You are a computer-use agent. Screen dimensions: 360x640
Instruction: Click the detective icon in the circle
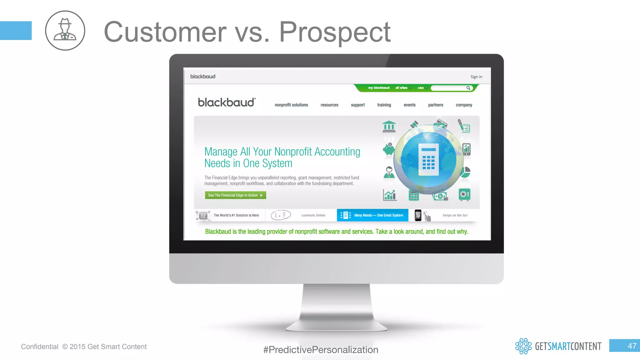(x=65, y=30)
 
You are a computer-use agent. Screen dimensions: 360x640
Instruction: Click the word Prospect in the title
(x=334, y=32)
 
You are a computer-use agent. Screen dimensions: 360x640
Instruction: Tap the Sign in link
(x=476, y=77)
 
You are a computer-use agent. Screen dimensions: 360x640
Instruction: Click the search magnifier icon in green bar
(x=468, y=88)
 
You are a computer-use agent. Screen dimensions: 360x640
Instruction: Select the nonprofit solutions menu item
(x=291, y=105)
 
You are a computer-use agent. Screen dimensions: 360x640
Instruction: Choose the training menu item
(x=384, y=105)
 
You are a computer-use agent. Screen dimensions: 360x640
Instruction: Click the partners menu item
(x=435, y=105)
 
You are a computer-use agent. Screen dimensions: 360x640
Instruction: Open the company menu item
(x=464, y=105)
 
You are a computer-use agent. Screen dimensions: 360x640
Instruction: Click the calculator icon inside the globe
(x=428, y=160)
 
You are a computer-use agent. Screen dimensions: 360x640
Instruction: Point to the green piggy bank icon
(x=389, y=149)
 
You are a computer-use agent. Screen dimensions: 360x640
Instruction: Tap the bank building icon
(x=389, y=127)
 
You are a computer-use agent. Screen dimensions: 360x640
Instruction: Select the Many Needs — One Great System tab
(x=372, y=215)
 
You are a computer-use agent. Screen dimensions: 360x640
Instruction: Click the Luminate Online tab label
(x=313, y=215)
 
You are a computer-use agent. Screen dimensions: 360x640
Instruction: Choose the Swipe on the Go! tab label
(x=455, y=215)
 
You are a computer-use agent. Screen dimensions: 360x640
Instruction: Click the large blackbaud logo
(x=227, y=102)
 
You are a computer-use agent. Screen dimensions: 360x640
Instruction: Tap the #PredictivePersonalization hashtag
(x=321, y=350)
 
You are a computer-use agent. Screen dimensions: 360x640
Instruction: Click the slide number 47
(x=632, y=346)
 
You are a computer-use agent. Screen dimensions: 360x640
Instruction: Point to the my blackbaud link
(x=378, y=88)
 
